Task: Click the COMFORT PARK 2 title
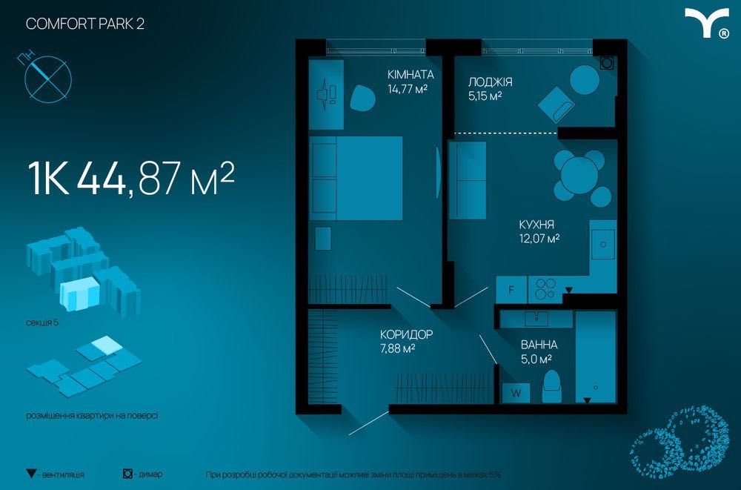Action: click(x=85, y=24)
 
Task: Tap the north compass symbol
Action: click(x=47, y=78)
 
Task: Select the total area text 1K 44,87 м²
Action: click(x=131, y=179)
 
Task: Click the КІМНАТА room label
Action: click(x=411, y=74)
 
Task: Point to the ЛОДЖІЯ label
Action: click(x=490, y=82)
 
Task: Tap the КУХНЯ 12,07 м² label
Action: click(x=539, y=231)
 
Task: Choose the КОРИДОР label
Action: click(x=406, y=334)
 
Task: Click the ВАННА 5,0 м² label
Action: click(x=539, y=352)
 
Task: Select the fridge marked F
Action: click(x=511, y=289)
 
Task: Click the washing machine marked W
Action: click(x=516, y=393)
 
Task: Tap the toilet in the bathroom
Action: click(x=551, y=386)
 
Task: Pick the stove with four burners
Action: click(x=545, y=289)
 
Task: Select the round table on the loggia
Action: click(x=585, y=79)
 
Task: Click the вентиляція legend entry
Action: click(x=56, y=474)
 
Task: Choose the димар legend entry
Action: click(x=142, y=474)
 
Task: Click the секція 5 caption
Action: click(x=42, y=323)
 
